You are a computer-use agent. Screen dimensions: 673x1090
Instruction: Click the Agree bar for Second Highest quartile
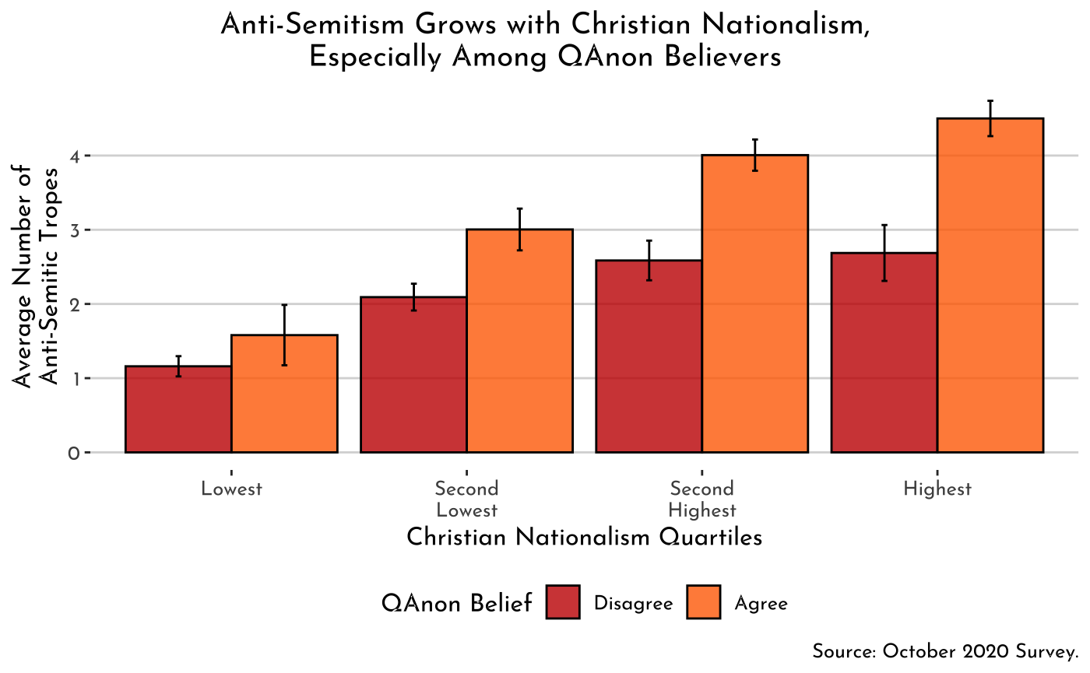[754, 303]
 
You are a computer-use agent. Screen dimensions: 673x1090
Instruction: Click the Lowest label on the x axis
[231, 489]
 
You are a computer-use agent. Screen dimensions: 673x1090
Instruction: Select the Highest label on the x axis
[937, 489]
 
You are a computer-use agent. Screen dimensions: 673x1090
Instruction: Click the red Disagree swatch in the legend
[563, 602]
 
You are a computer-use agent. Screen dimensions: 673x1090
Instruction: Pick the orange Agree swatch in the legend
[703, 602]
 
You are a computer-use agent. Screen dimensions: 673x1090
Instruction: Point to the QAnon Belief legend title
[457, 603]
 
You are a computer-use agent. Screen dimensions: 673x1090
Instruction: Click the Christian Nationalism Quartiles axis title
[584, 538]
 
